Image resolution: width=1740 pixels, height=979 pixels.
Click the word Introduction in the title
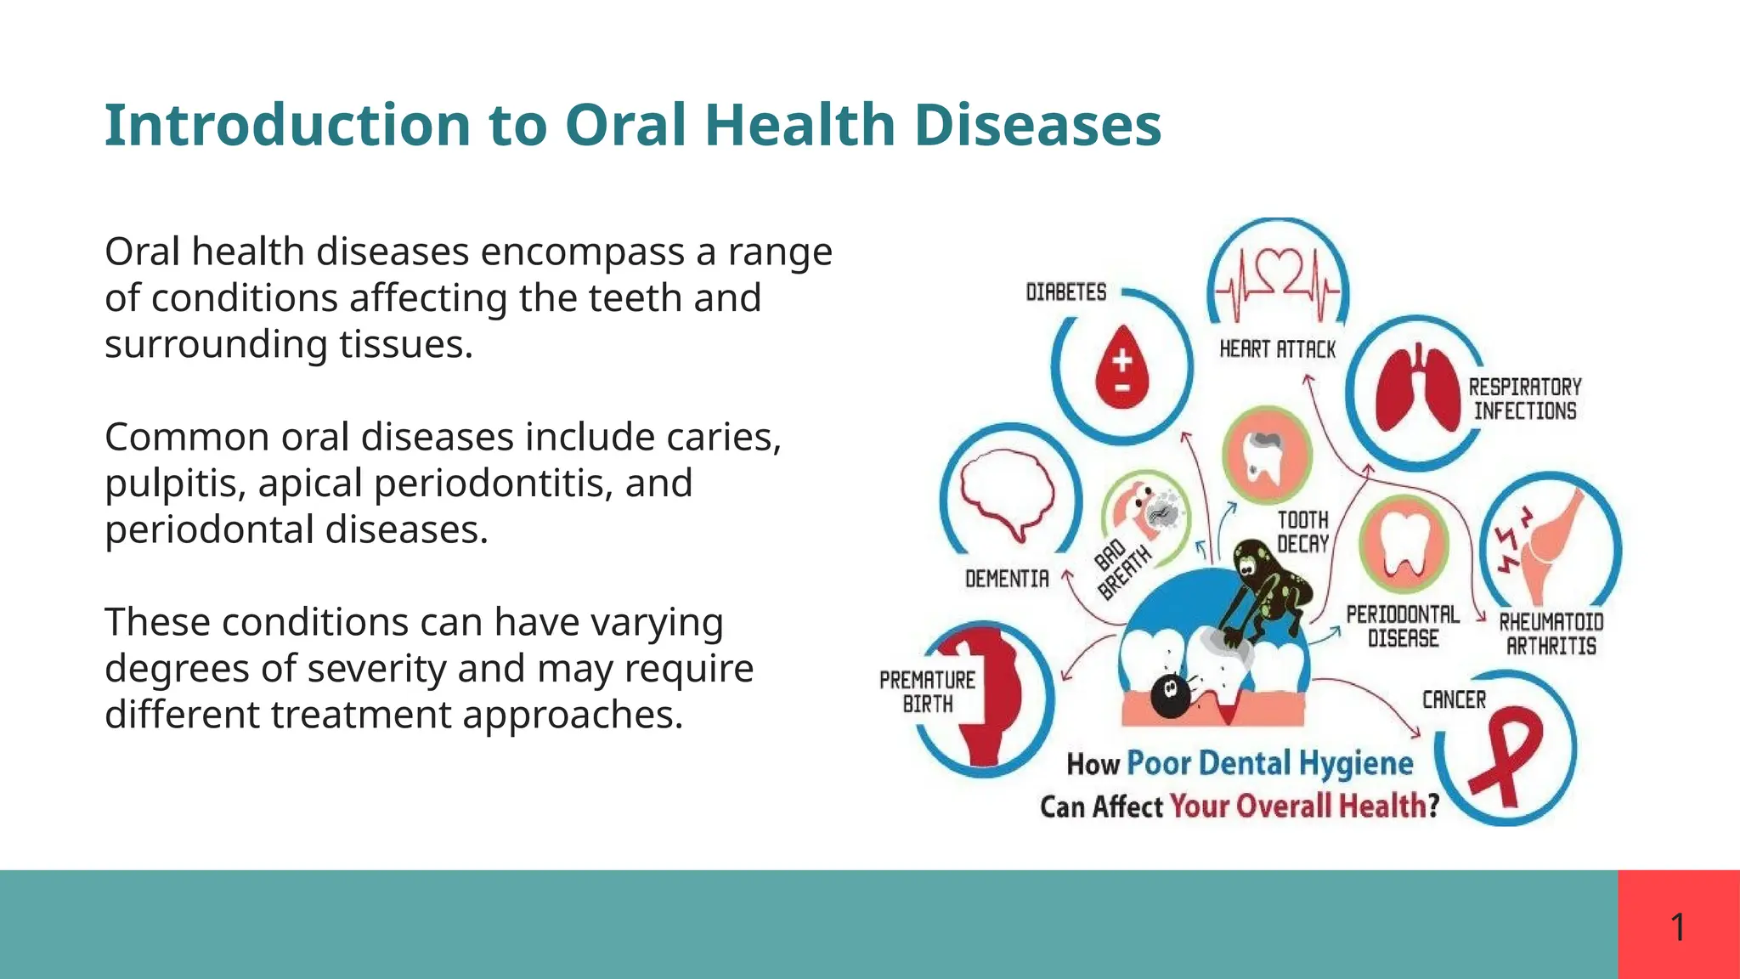(x=287, y=126)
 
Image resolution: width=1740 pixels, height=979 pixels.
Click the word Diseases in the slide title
(x=1037, y=126)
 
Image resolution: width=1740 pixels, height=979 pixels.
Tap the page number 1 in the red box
(x=1678, y=926)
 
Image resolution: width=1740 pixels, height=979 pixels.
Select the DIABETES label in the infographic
(x=1065, y=292)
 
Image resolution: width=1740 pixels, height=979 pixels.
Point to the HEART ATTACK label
(x=1277, y=349)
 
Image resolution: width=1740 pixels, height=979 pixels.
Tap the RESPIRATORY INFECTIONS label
(x=1525, y=399)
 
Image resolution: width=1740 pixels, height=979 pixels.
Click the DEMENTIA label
(x=1007, y=579)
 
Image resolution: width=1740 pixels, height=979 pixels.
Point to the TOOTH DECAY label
(x=1302, y=532)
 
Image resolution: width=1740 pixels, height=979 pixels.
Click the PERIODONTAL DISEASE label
(x=1403, y=626)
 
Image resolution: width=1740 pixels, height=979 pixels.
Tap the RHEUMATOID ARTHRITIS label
(x=1551, y=634)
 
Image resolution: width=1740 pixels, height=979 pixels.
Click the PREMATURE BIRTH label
(x=927, y=692)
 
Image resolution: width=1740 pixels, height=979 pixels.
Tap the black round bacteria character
(x=1169, y=694)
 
